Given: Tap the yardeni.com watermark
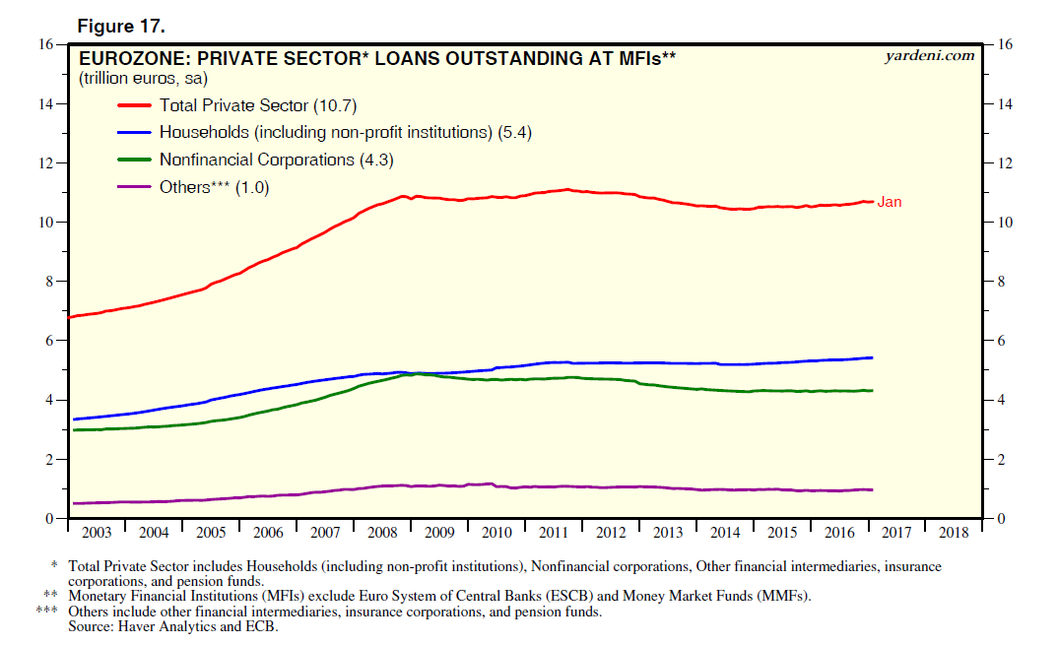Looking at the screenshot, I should coord(931,55).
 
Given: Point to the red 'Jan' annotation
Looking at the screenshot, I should coord(890,202).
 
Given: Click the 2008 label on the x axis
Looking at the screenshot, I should coord(382,533).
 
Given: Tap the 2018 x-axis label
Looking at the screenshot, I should coord(954,533).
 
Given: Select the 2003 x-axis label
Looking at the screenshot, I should coord(97,533).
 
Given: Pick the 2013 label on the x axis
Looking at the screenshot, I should coord(668,533).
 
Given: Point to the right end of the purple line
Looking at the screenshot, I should coord(873,489).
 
